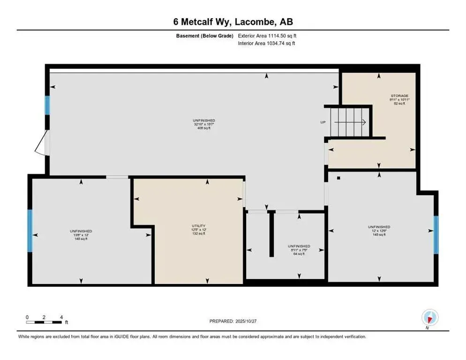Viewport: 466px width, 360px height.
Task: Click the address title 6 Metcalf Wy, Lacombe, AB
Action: point(233,22)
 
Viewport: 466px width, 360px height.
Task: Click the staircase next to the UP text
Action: point(350,122)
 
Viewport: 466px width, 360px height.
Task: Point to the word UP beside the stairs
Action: point(323,122)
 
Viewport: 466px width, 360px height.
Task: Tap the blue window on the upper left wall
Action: point(47,105)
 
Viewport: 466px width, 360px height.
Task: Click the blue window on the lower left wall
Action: point(30,230)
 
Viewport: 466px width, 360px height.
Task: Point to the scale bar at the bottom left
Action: point(44,322)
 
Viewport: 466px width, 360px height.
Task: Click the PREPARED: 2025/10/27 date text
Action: point(233,321)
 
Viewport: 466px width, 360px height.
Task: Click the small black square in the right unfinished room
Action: point(338,178)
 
